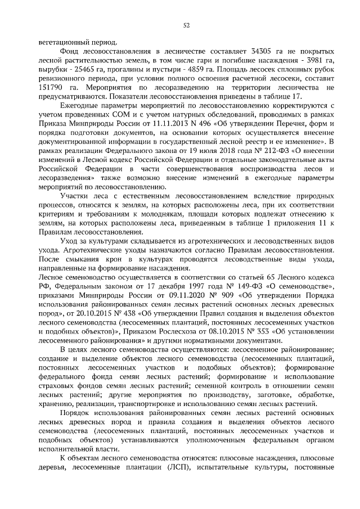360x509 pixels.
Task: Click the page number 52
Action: [186, 25]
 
